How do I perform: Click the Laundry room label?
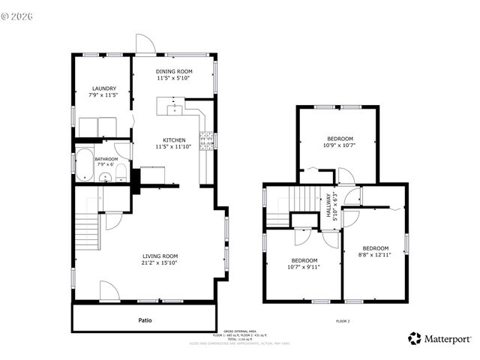[103, 88]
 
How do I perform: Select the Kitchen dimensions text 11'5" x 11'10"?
[174, 147]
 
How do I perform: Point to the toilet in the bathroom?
[120, 175]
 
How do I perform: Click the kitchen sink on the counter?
[175, 107]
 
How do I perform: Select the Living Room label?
[159, 256]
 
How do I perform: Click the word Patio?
[145, 320]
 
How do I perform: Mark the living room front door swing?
[108, 291]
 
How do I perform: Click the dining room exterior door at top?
[145, 44]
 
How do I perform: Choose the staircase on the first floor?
[88, 226]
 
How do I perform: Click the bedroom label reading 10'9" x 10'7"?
[340, 145]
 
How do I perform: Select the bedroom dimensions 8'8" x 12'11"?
[375, 256]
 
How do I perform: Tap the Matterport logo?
[439, 338]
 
